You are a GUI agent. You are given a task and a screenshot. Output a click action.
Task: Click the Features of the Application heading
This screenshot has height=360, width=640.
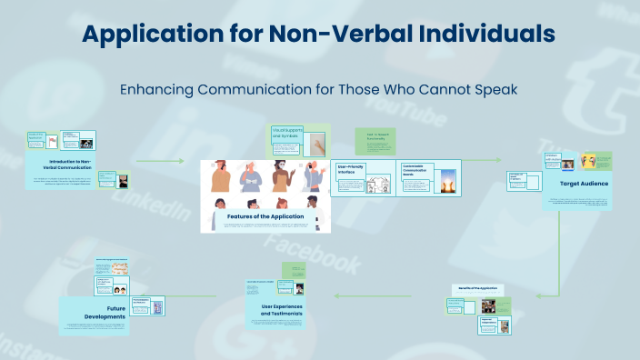pos(265,216)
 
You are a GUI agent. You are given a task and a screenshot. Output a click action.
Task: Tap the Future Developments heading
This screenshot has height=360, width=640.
pos(102,312)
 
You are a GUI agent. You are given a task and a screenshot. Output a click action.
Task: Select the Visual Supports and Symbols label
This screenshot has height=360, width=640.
pos(287,135)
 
